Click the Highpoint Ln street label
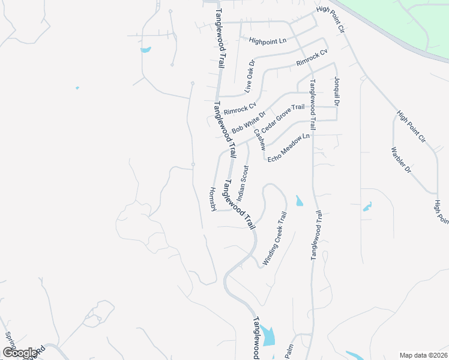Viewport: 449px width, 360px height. tap(268, 41)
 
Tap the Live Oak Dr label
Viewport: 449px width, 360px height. tap(250, 76)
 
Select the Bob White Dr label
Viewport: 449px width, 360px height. tap(249, 122)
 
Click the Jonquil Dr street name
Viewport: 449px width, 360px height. tap(337, 92)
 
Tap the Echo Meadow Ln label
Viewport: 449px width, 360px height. tap(288, 147)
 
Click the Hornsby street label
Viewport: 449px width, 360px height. tap(212, 198)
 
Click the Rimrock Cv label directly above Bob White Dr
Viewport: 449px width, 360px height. tap(240, 108)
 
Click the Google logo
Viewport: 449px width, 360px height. tap(20, 353)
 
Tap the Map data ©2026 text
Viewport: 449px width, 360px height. tap(423, 355)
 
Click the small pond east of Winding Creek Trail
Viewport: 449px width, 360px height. tap(299, 200)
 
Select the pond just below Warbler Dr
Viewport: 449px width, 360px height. tap(367, 206)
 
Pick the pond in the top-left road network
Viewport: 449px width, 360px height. tap(145, 49)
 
